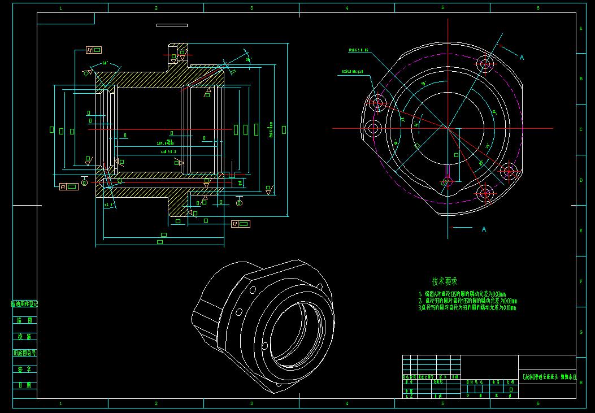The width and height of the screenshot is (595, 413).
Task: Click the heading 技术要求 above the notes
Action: [444, 281]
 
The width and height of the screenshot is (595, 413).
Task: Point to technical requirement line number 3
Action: [467, 308]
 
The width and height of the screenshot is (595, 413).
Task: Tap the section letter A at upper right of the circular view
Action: [522, 58]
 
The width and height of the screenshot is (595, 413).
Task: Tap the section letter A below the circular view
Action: [484, 229]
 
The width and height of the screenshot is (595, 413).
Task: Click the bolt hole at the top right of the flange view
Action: [485, 63]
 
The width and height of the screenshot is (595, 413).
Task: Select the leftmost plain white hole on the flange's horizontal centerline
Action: [372, 128]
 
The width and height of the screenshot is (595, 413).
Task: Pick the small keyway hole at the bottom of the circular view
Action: [447, 181]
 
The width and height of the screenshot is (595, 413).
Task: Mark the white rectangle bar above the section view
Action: [172, 25]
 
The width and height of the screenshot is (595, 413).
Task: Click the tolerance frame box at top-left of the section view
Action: [94, 50]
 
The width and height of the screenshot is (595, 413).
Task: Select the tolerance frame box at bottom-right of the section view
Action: [241, 224]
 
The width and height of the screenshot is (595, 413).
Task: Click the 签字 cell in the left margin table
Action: [25, 369]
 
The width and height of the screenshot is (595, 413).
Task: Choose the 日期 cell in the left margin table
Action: [25, 385]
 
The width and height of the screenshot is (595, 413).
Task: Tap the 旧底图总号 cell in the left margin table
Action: [25, 353]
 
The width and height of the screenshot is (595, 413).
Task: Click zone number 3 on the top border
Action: [251, 8]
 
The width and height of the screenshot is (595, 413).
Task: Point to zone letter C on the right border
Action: [581, 129]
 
